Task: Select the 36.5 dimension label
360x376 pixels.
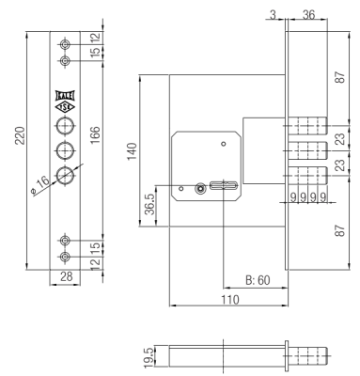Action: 149,206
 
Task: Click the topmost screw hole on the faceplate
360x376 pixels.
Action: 65,45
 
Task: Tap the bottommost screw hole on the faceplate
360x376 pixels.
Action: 65,258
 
